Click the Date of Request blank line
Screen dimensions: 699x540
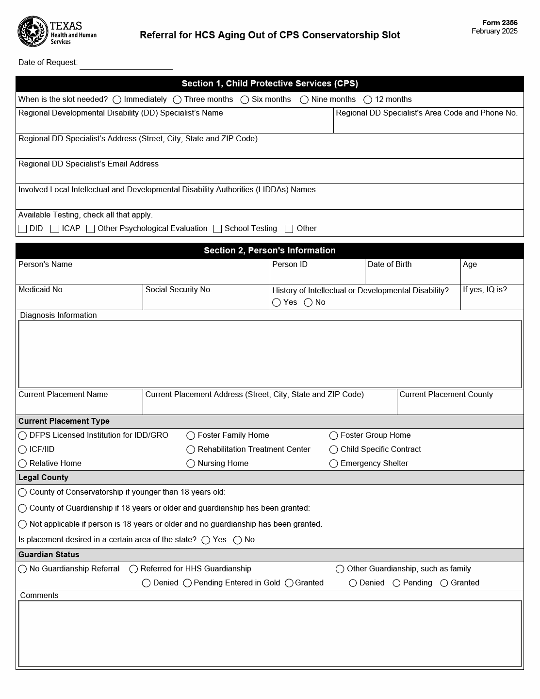pyautogui.click(x=126, y=64)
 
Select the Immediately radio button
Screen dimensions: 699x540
pyautogui.click(x=117, y=100)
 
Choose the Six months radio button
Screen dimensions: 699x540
pyautogui.click(x=245, y=100)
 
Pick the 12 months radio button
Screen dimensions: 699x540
pyautogui.click(x=368, y=100)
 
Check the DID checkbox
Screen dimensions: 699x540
pyautogui.click(x=22, y=229)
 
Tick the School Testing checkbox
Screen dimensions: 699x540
pyautogui.click(x=218, y=229)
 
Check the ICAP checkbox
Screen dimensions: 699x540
pyautogui.click(x=55, y=229)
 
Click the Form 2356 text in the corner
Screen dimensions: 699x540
pyautogui.click(x=500, y=23)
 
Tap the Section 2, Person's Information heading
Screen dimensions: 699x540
pyautogui.click(x=270, y=250)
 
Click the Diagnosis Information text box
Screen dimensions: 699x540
pyautogui.click(x=270, y=353)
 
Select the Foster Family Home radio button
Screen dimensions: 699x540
pyautogui.click(x=191, y=436)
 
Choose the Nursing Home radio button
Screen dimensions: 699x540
pyautogui.click(x=191, y=464)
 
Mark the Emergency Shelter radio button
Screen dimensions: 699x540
pyautogui.click(x=334, y=464)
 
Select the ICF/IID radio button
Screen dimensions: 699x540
pyautogui.click(x=22, y=450)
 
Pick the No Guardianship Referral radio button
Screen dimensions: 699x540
pyautogui.click(x=22, y=569)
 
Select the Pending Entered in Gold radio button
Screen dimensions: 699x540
pyautogui.click(x=187, y=583)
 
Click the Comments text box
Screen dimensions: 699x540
pyautogui.click(x=270, y=633)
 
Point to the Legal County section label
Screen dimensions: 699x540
pyautogui.click(x=43, y=478)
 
